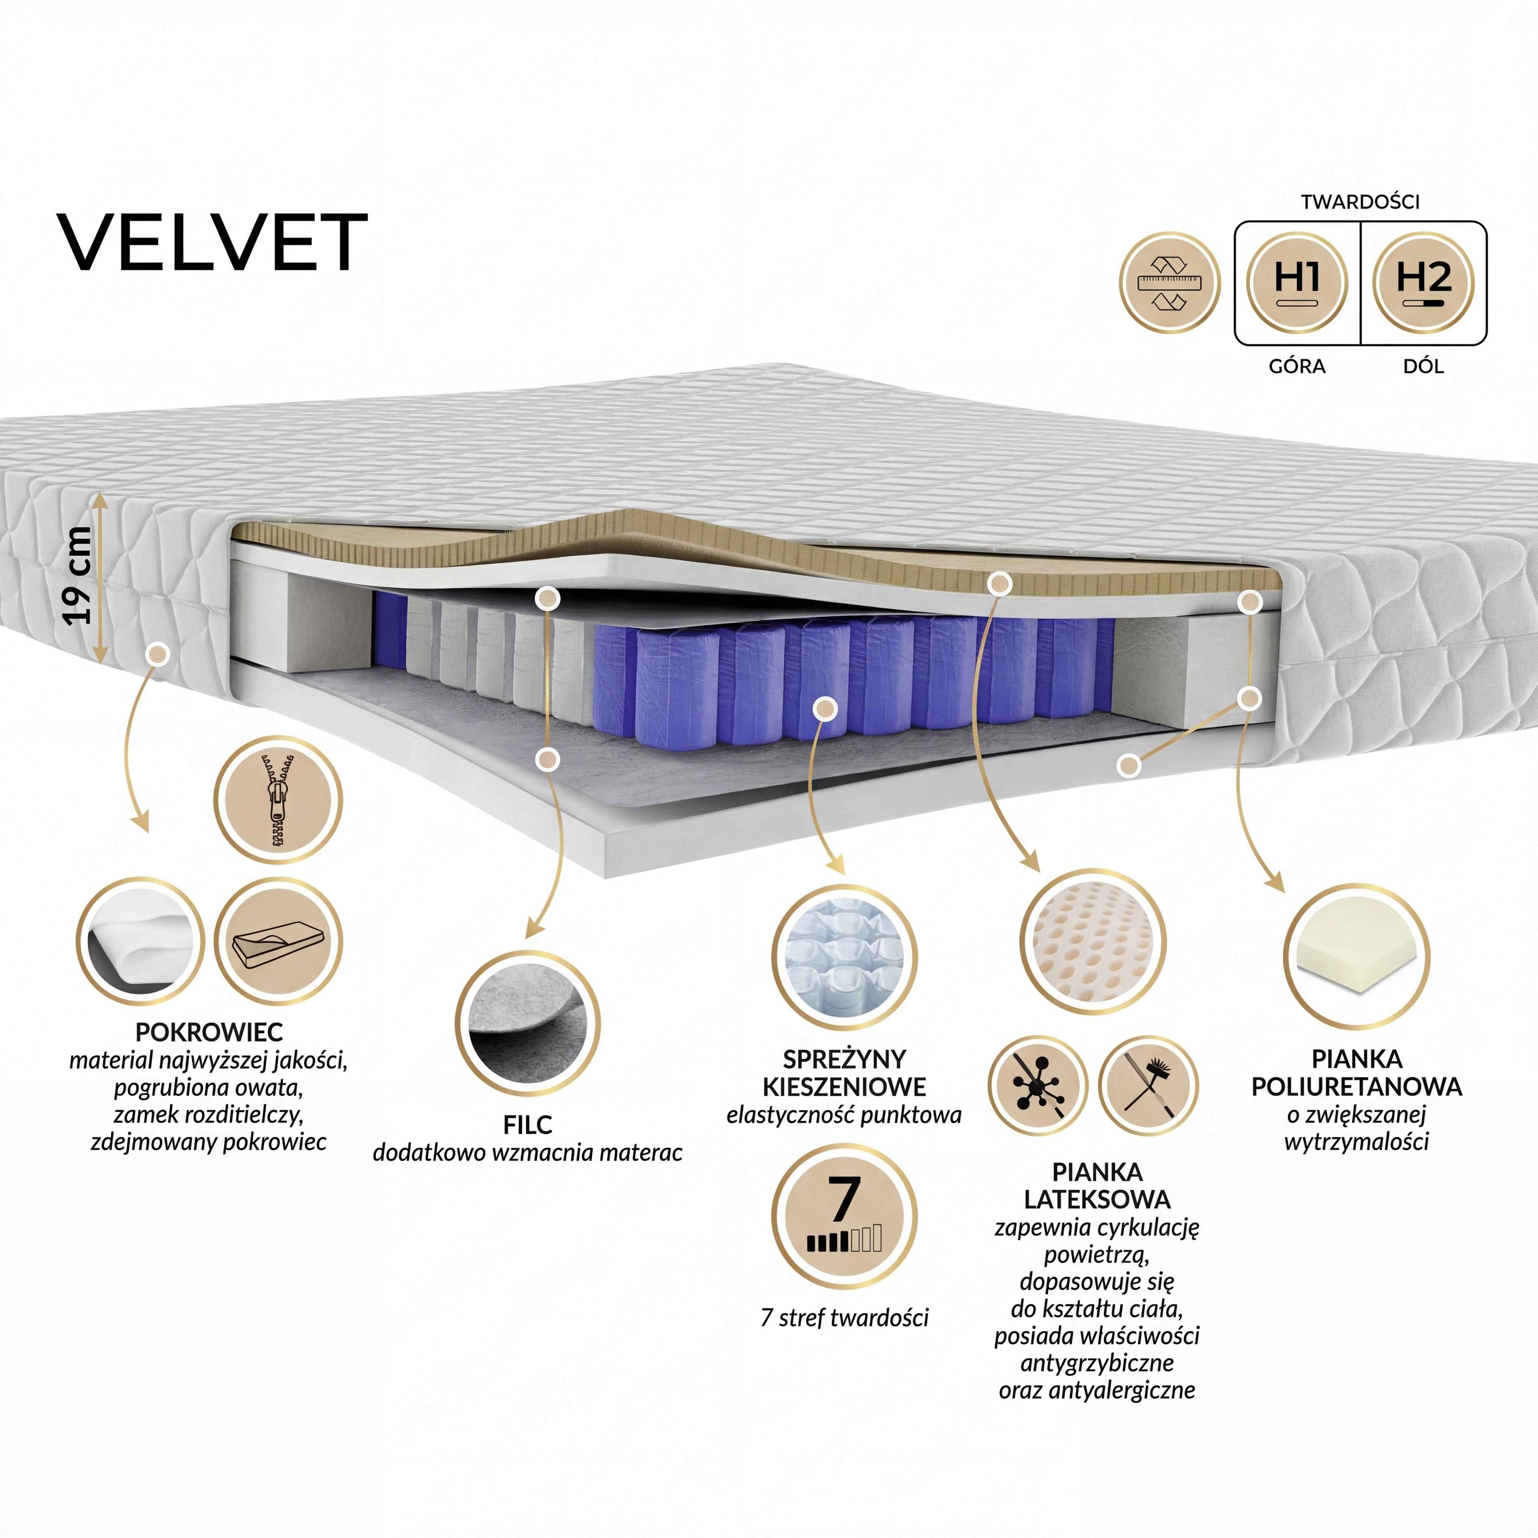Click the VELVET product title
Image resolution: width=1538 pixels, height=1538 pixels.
[x=212, y=242]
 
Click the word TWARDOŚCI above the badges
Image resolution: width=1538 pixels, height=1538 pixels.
[x=1361, y=201]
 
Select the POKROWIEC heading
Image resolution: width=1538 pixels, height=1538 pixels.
[x=209, y=1033]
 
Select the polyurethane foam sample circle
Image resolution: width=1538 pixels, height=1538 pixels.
[x=1357, y=958]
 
